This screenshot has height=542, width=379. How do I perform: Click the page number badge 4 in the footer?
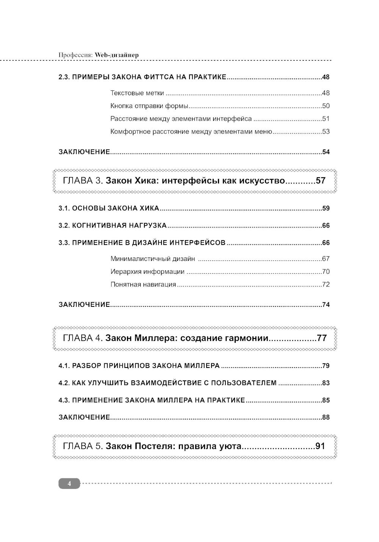[x=69, y=484]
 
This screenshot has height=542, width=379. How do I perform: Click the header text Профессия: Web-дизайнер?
[x=99, y=55]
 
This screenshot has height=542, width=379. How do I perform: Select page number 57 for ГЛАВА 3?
[x=321, y=181]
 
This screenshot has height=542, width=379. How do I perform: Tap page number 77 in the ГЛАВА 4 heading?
[x=322, y=338]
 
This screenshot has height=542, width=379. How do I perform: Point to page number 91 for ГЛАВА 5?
[x=320, y=446]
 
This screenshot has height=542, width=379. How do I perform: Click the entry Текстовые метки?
[x=137, y=93]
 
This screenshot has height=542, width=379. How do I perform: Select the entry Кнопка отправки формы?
[x=150, y=106]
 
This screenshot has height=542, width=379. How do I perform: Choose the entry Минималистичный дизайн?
[x=153, y=259]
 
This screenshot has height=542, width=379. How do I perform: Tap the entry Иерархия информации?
[x=147, y=272]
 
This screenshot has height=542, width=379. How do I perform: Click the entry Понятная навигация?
[x=143, y=284]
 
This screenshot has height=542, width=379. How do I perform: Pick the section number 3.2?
[x=64, y=226]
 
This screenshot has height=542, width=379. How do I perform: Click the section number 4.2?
[x=64, y=383]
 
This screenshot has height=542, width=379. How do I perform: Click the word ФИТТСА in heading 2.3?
[x=160, y=77]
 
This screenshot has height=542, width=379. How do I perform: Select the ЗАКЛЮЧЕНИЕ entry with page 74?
[x=84, y=305]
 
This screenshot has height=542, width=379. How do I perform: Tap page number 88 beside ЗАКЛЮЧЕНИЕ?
[x=326, y=418]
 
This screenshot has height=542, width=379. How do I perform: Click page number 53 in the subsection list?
[x=326, y=132]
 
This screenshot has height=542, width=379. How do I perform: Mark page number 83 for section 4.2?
[x=326, y=383]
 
